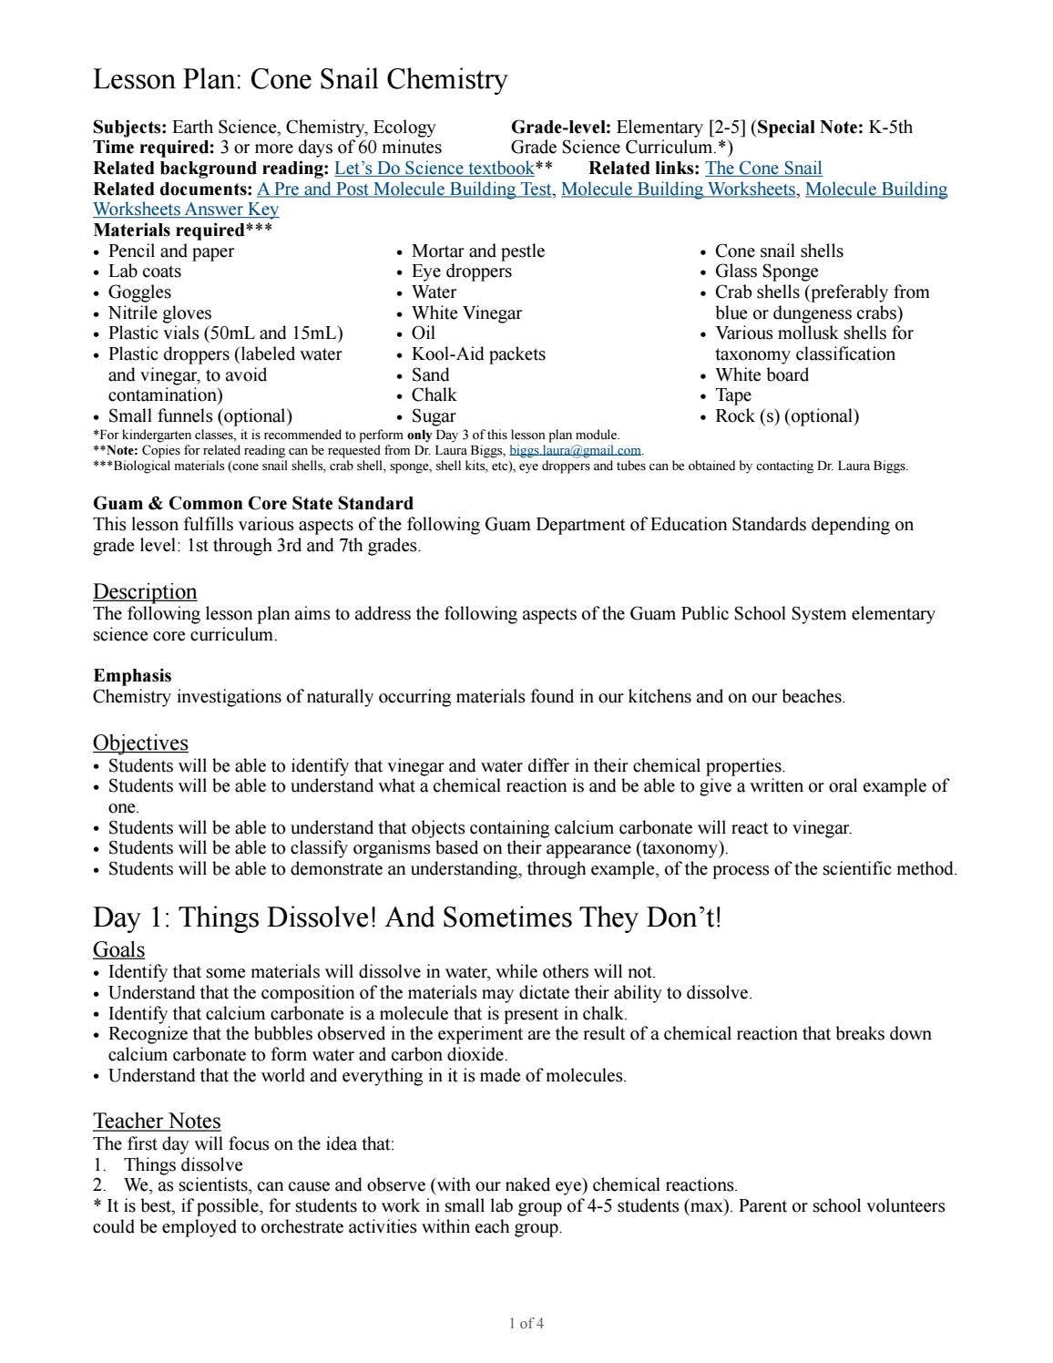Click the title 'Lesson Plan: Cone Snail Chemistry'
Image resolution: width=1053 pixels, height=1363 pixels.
tap(300, 80)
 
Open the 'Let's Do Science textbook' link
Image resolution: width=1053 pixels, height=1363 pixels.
tap(434, 169)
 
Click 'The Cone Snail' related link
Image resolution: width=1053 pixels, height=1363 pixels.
tap(763, 169)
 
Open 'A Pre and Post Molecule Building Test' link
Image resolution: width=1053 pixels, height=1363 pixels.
tap(404, 190)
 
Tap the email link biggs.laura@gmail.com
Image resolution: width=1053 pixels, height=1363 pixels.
tap(576, 450)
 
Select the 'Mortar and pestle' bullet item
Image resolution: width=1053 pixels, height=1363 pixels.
tap(477, 251)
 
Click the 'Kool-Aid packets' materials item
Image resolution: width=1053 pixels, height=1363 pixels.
tap(477, 354)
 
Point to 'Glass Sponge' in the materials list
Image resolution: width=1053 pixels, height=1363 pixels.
tap(766, 272)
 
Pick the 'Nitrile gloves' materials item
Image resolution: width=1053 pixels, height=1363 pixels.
tap(159, 313)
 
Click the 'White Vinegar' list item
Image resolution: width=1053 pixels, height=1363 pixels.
tap(466, 313)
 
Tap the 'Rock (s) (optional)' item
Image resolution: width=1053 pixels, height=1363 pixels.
tap(786, 416)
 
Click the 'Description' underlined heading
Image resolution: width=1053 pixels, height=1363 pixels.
tap(145, 591)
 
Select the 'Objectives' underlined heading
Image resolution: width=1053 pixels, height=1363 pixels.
tap(140, 743)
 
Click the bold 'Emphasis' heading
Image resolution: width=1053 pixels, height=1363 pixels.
tap(132, 676)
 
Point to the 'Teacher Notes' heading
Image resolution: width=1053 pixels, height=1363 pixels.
tap(157, 1121)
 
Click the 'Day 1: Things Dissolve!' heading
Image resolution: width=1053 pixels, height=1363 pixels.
tap(406, 917)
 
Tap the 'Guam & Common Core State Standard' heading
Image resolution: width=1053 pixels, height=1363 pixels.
tap(252, 504)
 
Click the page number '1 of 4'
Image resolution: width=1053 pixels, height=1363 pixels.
tap(526, 1324)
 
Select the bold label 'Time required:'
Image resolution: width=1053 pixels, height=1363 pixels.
tap(153, 148)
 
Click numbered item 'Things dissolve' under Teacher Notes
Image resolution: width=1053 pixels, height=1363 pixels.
tap(183, 1165)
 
